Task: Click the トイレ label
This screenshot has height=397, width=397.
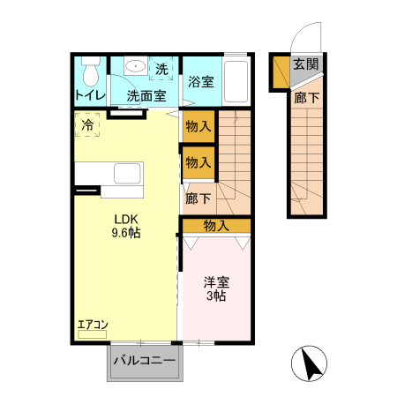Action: click(x=90, y=95)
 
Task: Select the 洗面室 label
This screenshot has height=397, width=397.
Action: click(x=144, y=95)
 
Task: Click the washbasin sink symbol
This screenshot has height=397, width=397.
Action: click(x=136, y=67)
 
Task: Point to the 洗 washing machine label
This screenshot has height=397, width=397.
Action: click(x=162, y=69)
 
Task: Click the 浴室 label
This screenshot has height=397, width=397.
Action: click(x=200, y=82)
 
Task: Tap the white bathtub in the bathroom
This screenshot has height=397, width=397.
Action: click(x=237, y=82)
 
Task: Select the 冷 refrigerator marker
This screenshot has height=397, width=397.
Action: click(x=87, y=126)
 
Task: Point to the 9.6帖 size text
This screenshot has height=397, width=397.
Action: click(x=125, y=234)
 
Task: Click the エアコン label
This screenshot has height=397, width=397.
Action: click(x=93, y=325)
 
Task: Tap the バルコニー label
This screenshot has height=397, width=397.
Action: click(x=145, y=361)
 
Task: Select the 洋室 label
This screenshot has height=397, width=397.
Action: click(x=217, y=282)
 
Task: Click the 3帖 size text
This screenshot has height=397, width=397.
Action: click(x=217, y=296)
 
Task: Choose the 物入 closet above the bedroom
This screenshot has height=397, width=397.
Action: click(x=216, y=226)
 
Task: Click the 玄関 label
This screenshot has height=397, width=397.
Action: click(x=306, y=64)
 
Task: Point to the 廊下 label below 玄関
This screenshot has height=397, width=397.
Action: click(x=305, y=98)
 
